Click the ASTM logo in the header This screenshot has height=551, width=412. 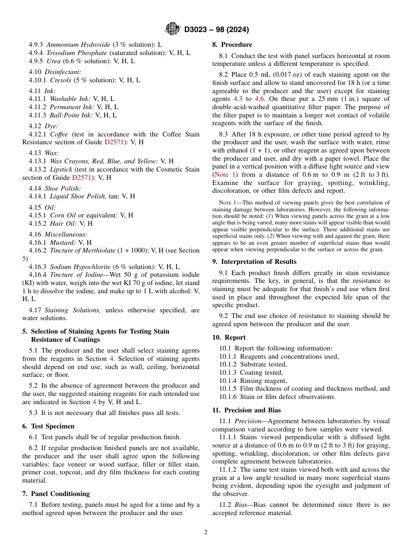(x=173, y=29)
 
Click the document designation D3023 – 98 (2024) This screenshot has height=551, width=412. (x=216, y=29)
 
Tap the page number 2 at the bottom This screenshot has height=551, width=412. (x=206, y=532)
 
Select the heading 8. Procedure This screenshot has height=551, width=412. (x=232, y=45)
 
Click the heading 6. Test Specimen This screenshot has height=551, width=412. (x=48, y=426)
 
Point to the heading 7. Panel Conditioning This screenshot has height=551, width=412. (x=56, y=494)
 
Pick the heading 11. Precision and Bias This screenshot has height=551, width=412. (x=246, y=410)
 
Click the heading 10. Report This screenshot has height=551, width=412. (x=229, y=337)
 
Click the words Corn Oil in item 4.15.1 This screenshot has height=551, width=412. (x=63, y=215)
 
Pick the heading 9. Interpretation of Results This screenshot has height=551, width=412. (x=254, y=262)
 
